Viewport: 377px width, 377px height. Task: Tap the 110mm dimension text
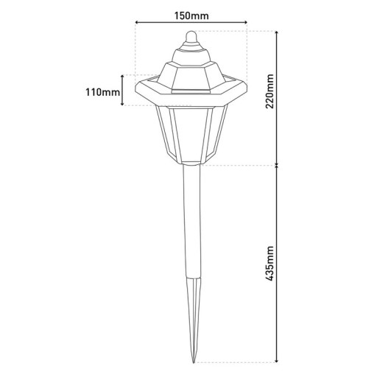(103, 91)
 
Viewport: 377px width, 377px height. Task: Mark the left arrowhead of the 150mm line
(138, 24)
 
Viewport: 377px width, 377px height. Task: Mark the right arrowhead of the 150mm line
(245, 24)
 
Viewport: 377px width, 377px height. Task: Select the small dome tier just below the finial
(191, 52)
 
